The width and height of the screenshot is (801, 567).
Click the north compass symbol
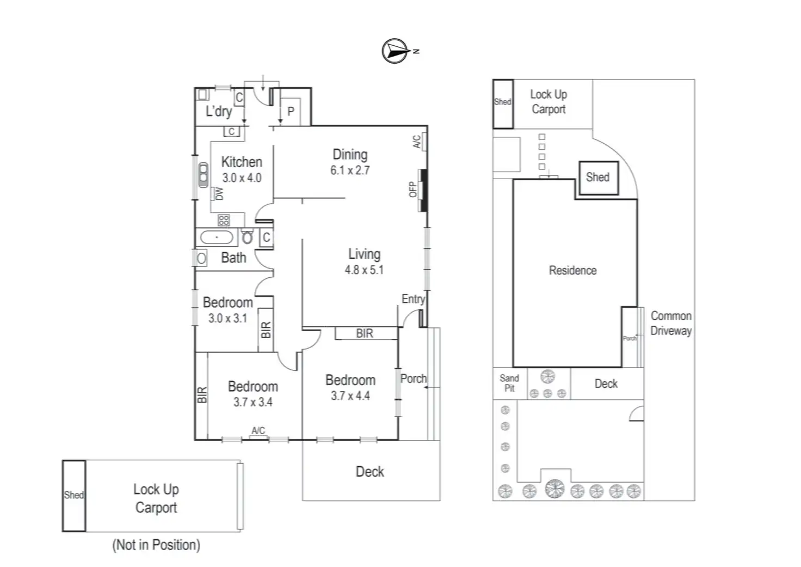[395, 51]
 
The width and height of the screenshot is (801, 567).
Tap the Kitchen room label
[242, 162]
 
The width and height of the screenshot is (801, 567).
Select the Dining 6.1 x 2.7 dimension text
[350, 170]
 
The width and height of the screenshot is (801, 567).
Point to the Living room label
[364, 254]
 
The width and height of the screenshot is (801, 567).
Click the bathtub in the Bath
[217, 237]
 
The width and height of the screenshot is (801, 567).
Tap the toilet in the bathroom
[248, 237]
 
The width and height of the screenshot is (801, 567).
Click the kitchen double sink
[204, 174]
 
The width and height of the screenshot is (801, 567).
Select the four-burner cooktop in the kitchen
[224, 220]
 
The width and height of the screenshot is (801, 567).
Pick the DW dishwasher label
[219, 193]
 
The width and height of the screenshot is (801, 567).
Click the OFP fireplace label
[412, 189]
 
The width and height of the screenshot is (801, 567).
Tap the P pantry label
[291, 112]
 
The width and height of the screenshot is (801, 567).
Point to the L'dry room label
[219, 112]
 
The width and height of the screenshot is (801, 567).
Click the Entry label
[413, 299]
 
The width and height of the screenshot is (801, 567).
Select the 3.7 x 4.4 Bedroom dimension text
[350, 396]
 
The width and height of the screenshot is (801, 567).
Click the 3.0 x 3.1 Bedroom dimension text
[227, 318]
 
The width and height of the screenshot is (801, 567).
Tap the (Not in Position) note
[156, 545]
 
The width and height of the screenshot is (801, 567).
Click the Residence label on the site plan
[572, 270]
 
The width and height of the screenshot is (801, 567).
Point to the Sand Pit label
[509, 383]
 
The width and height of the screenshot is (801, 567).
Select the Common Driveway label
[671, 323]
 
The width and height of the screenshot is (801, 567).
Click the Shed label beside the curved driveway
[597, 177]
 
